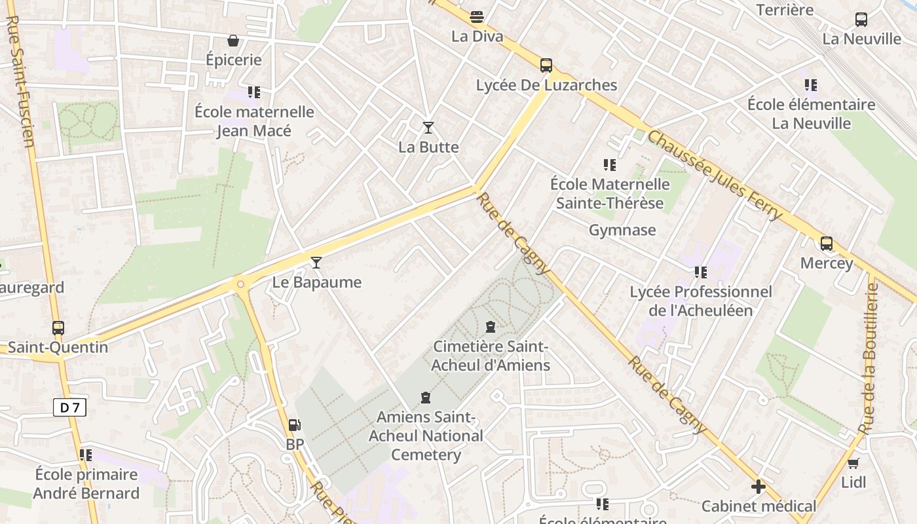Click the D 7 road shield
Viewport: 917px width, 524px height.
[69, 407]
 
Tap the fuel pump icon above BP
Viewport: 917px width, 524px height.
[295, 425]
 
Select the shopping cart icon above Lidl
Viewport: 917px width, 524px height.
[853, 463]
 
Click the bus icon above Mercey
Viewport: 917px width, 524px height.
[827, 244]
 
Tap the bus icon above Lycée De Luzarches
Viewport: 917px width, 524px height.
[546, 65]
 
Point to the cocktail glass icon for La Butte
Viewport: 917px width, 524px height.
[428, 128]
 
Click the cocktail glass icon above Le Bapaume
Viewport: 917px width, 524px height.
[316, 263]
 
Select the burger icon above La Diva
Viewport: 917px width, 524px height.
[477, 16]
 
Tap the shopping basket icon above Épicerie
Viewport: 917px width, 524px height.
[233, 41]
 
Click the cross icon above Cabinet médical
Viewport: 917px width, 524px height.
[758, 487]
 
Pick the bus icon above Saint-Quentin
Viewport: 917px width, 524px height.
[58, 327]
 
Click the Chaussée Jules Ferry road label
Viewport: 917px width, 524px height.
[715, 176]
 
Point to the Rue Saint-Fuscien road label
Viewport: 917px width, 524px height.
[20, 82]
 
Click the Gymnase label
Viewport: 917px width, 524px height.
[622, 230]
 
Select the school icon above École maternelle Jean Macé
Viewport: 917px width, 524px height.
[254, 92]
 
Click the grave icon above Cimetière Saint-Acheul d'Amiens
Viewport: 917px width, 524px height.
[491, 327]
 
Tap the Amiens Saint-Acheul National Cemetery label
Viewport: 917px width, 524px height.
[426, 436]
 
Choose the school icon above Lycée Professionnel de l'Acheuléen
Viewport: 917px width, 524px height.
[701, 272]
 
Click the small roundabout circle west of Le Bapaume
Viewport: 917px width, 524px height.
[240, 284]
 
